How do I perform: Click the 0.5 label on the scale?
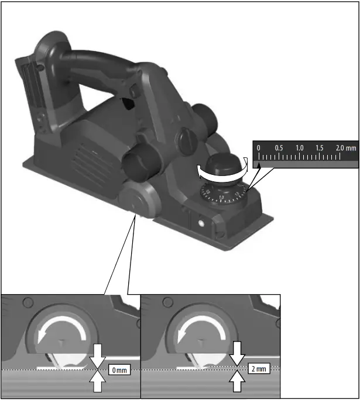(x=279, y=148)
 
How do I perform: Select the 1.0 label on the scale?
(x=299, y=148)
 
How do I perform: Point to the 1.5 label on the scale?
(x=320, y=148)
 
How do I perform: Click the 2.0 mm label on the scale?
(x=345, y=148)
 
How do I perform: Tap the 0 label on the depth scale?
(x=259, y=148)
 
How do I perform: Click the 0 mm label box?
(x=119, y=370)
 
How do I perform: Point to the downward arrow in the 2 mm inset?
(x=237, y=352)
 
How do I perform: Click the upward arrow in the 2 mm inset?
(x=237, y=382)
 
